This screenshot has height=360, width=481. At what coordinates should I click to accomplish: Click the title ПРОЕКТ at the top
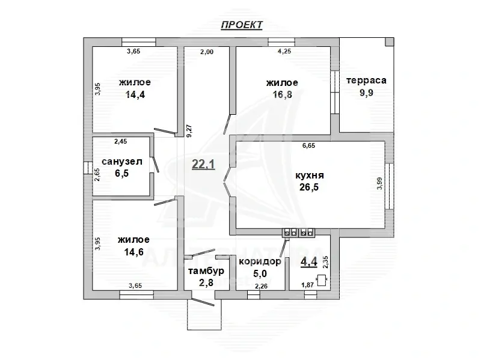point(242,25)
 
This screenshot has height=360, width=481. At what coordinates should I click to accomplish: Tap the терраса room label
point(366,81)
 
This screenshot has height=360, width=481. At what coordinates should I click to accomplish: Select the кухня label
point(310,175)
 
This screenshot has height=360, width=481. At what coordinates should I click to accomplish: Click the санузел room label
point(122,162)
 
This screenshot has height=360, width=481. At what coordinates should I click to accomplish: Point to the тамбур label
point(206,271)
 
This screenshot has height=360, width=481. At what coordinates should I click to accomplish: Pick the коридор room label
point(260,261)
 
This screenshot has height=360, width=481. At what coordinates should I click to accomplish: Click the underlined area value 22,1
point(203,164)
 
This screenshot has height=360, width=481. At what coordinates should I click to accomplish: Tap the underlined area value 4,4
point(309,261)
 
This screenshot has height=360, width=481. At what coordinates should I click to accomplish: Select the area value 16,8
point(282,94)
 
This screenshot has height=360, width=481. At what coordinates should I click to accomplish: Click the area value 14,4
point(135,95)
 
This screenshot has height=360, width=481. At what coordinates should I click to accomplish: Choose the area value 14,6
point(133,252)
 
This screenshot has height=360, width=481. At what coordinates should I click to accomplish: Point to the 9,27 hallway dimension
point(189,130)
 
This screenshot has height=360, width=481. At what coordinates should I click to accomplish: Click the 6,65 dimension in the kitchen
point(308,145)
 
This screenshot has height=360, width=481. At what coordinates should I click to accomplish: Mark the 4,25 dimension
point(284,52)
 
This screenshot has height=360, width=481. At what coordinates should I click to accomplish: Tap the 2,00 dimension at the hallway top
point(207,52)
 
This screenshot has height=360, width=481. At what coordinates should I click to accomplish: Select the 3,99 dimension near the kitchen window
point(380,183)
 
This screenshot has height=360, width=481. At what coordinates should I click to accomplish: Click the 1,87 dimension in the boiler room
point(307,285)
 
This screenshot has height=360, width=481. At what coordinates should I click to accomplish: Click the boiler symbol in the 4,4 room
point(322,280)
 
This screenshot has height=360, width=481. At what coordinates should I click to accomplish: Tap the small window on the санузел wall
point(88,168)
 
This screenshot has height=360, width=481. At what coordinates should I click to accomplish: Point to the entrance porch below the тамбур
point(204,314)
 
